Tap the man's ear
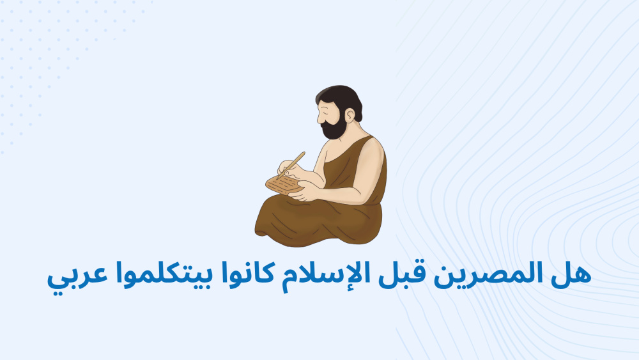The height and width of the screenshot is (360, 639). [350, 116]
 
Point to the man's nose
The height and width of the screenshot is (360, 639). [319, 119]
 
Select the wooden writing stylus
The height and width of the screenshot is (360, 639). [291, 165]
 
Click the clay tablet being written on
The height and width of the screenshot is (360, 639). [284, 185]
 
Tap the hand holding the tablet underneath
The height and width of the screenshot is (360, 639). [303, 191]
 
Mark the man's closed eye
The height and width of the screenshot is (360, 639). [325, 111]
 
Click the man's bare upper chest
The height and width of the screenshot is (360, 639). [331, 151]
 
